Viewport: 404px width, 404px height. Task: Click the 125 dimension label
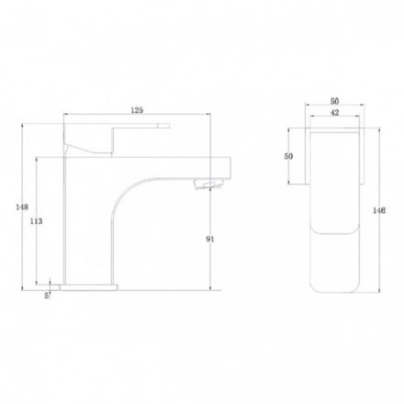click(x=137, y=110)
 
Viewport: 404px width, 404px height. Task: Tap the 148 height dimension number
click(x=22, y=208)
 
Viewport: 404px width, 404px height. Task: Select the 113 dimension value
click(x=36, y=221)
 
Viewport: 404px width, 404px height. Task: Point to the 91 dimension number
click(x=210, y=240)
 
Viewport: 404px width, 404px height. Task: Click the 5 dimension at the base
click(x=47, y=296)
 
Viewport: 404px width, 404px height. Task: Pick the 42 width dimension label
click(x=335, y=113)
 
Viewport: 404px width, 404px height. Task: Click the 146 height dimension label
click(x=379, y=210)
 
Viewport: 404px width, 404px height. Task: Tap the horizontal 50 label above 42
click(x=335, y=101)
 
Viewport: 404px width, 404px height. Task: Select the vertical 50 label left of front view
click(x=288, y=156)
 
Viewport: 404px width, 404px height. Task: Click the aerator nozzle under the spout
click(x=208, y=185)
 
